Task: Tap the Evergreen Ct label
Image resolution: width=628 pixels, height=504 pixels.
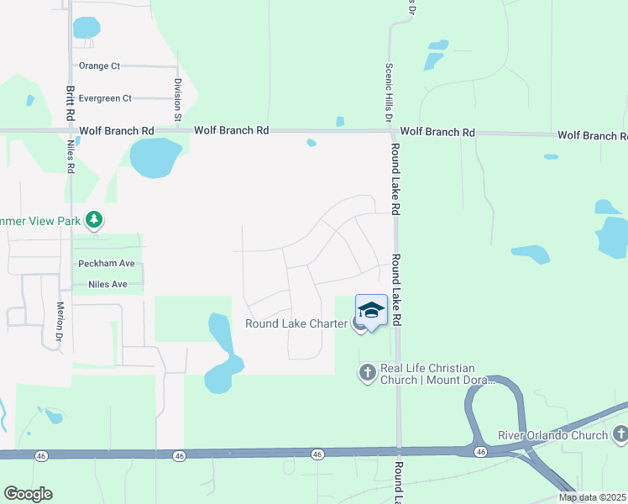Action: pos(104,98)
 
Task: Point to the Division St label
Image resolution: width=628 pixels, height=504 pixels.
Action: pos(178,101)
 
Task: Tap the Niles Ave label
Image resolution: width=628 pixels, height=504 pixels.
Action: pos(107,285)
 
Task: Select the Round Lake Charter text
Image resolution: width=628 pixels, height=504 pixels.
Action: pos(296,323)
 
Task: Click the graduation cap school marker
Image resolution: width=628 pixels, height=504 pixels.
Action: pos(371,310)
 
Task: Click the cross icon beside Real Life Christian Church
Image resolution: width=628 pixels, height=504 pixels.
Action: pos(367,372)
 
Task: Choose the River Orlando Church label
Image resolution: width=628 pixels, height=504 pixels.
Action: pos(552,435)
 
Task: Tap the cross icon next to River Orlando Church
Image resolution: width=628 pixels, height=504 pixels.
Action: pos(620,434)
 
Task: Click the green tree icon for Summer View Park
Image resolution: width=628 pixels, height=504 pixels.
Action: pos(95,220)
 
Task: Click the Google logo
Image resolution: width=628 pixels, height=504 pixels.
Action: pos(28,493)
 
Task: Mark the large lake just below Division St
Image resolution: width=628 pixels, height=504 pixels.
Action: pos(154,158)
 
